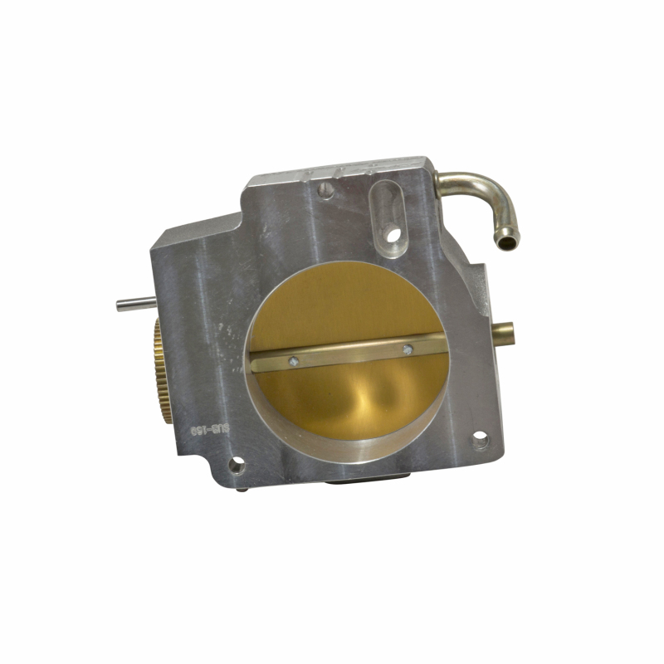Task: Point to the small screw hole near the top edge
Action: [x=326, y=190]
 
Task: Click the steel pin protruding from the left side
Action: [x=134, y=304]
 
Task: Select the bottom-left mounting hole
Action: [x=237, y=465]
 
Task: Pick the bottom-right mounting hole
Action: [x=481, y=440]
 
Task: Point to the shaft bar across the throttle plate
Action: [x=349, y=354]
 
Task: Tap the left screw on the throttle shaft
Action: [x=293, y=361]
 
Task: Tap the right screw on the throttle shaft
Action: [x=407, y=349]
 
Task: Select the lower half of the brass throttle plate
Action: [x=349, y=398]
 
